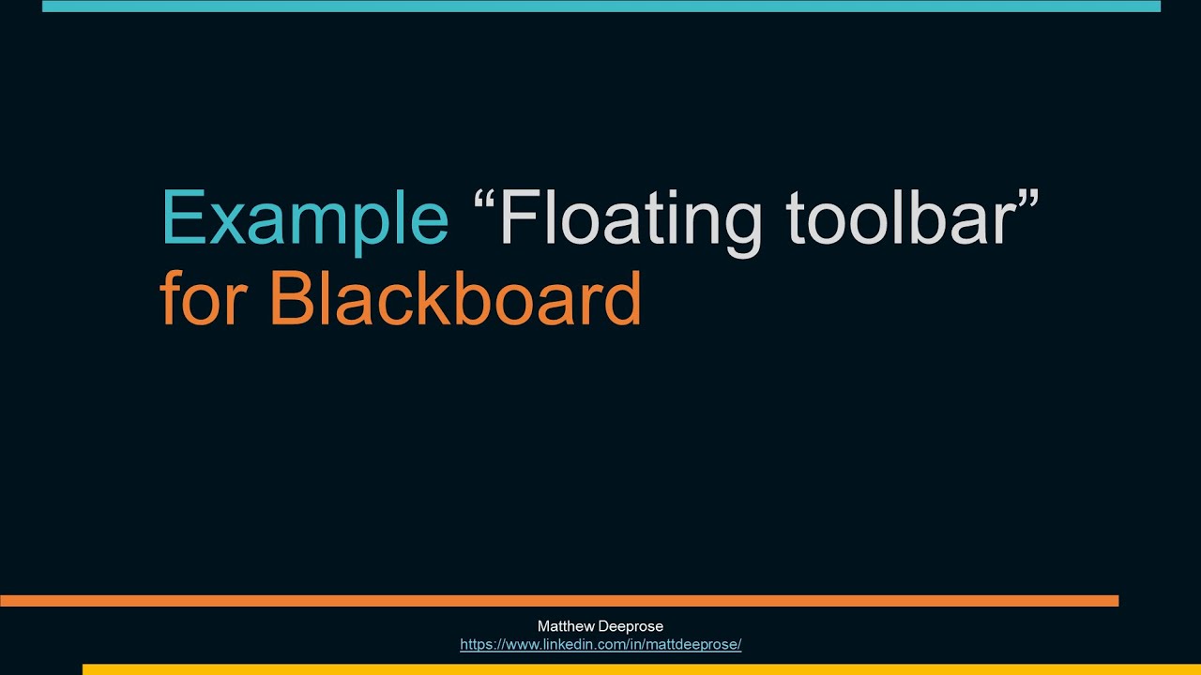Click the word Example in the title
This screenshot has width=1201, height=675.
[x=305, y=217]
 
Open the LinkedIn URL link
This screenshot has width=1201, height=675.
[x=600, y=645]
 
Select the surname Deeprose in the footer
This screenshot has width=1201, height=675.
[x=630, y=626]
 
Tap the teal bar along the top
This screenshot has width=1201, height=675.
[x=600, y=6]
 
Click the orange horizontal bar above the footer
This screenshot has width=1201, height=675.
[x=559, y=601]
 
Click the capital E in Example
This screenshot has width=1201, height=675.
[x=181, y=217]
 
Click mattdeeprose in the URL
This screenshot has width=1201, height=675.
[x=697, y=645]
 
